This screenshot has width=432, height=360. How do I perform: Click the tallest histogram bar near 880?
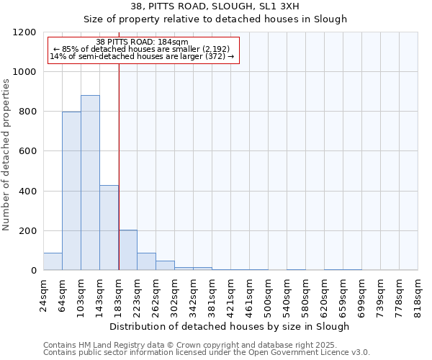click(90, 183)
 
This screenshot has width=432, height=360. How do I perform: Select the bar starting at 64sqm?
click(71, 191)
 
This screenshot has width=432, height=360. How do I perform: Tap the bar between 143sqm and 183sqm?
click(109, 228)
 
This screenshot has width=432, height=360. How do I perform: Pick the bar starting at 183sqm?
click(127, 250)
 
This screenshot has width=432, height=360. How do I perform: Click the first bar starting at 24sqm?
click(53, 261)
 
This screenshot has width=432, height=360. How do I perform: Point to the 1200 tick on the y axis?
click(26, 32)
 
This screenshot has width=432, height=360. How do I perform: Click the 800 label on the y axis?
click(29, 112)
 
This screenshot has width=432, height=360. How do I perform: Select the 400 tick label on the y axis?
click(29, 192)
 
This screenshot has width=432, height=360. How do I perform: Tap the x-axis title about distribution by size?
click(230, 326)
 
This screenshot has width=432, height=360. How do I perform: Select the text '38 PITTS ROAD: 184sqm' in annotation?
click(142, 42)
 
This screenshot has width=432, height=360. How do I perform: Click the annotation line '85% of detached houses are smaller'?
click(141, 49)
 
